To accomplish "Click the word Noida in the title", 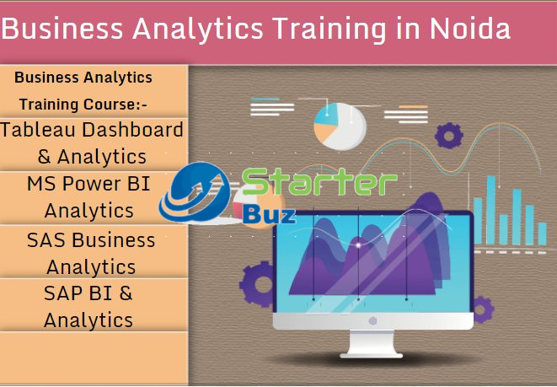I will coord(467,29).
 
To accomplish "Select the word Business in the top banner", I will coord(58,29).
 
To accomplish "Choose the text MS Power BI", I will coord(88,183).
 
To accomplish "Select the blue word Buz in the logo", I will coord(269,213).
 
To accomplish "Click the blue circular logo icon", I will coord(195,193).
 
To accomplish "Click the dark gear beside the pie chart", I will coord(449,134).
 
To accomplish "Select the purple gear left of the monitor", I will coord(259,282).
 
